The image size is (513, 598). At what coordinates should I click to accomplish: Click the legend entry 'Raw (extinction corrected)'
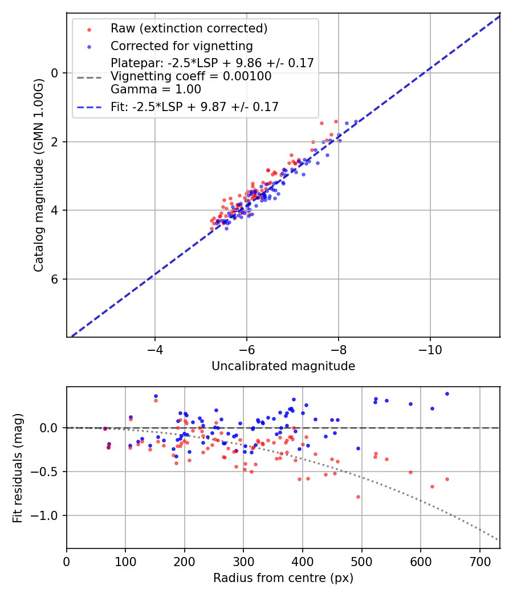(189, 28)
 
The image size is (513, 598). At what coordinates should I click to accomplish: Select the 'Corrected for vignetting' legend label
(181, 46)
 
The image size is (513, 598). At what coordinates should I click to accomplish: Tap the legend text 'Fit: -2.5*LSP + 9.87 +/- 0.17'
(194, 107)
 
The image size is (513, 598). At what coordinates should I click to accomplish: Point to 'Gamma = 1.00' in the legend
(156, 89)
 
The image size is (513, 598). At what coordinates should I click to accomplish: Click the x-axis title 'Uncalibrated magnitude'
(283, 366)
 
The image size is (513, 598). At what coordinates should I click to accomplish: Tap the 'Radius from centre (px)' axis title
(283, 578)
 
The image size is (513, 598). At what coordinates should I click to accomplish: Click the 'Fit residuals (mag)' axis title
(18, 467)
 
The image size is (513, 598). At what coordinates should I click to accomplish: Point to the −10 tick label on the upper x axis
(430, 347)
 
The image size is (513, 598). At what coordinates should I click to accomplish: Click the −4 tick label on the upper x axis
(154, 347)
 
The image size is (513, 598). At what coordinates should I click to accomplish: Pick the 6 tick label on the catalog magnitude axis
(55, 279)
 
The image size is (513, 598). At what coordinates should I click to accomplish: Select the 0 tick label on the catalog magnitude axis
(55, 73)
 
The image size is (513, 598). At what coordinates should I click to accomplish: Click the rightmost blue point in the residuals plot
(447, 394)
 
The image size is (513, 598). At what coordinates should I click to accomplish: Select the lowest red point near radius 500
(358, 497)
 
